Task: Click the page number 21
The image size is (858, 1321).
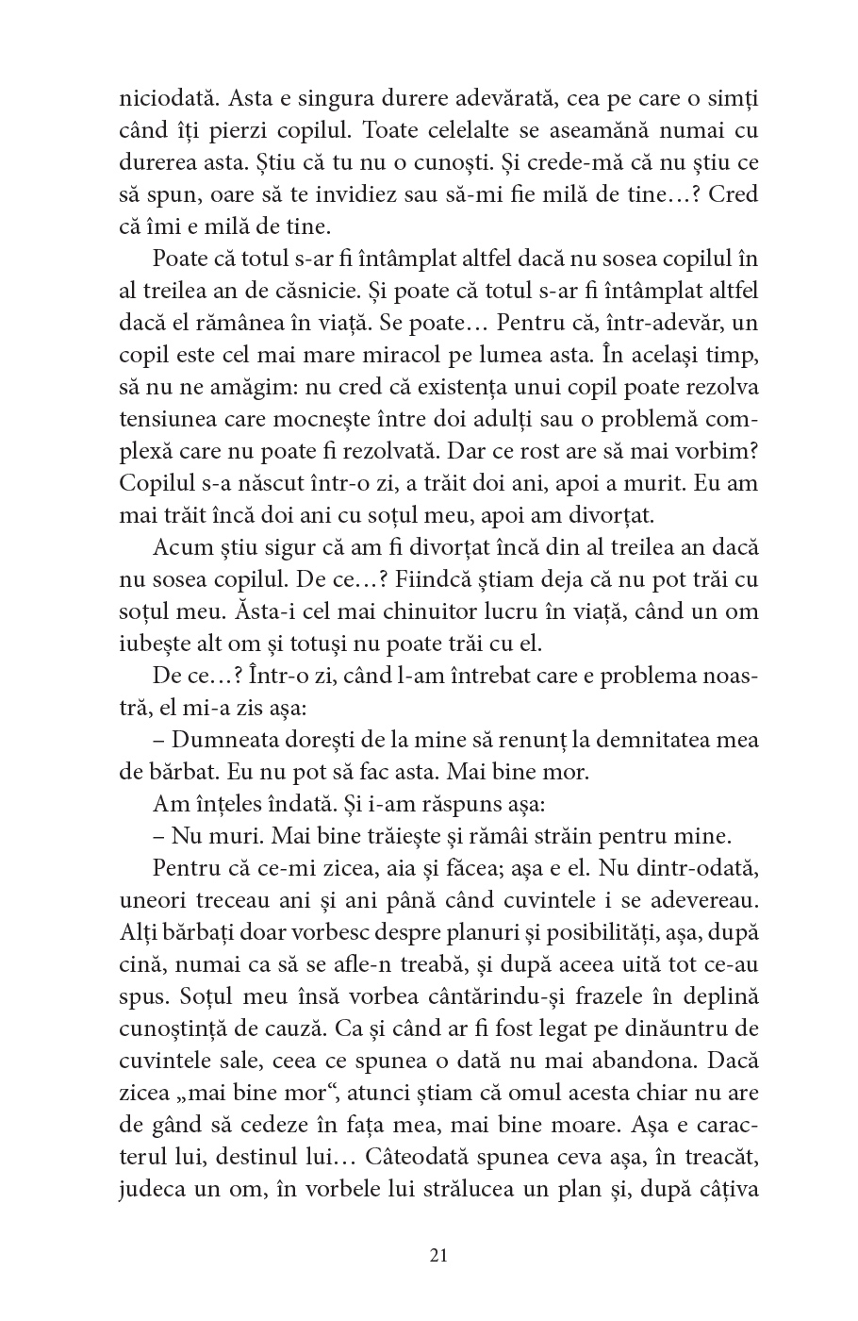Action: click(437, 1254)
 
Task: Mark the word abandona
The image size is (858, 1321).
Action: click(623, 1060)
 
